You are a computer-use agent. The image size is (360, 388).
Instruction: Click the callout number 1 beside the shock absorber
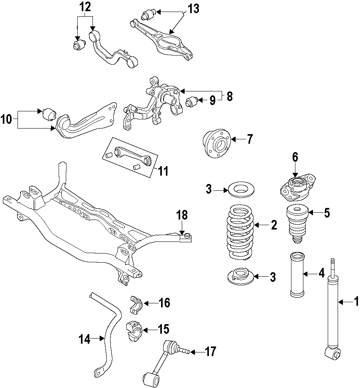pyautogui.click(x=356, y=302)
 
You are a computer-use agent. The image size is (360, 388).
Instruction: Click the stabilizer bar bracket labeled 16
pyautogui.click(x=136, y=304)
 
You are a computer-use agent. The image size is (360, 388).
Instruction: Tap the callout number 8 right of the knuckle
pyautogui.click(x=229, y=96)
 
